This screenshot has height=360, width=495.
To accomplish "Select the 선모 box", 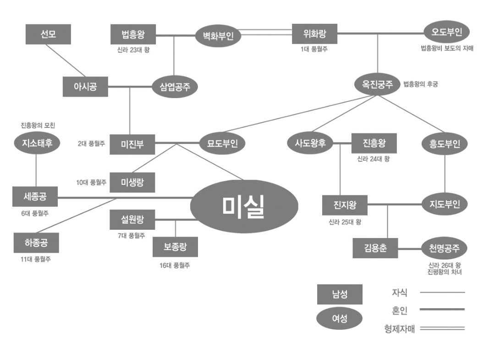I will click(48, 34).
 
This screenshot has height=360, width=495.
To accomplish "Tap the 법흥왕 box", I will click(133, 34).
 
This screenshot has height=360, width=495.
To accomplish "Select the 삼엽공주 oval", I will click(175, 87).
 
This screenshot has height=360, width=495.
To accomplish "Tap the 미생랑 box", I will click(132, 182).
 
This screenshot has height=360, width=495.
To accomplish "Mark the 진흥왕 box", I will click(374, 143).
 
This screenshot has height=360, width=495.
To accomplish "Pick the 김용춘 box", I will click(375, 248).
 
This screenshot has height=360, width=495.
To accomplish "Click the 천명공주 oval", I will click(444, 248).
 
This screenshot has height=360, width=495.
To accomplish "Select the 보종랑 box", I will click(175, 247).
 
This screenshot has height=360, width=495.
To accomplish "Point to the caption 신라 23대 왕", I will click(133, 50).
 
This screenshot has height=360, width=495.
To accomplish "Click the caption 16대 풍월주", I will click(175, 266).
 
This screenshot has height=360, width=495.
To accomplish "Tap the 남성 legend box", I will click(340, 294).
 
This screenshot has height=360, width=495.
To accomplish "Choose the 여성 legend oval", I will click(340, 319).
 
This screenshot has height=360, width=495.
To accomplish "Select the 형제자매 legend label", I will click(399, 328).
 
